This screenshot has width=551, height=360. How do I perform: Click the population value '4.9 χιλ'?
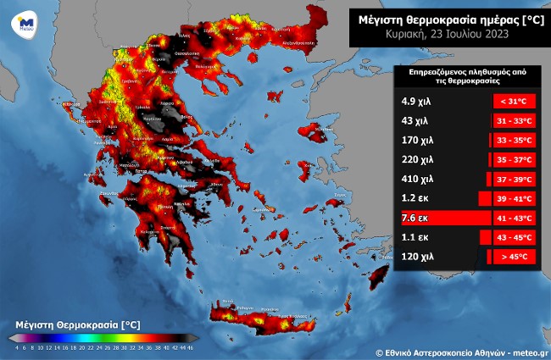click(416, 101)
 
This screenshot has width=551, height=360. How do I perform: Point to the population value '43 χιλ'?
click(415, 120)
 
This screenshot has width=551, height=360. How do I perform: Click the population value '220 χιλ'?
click(417, 159)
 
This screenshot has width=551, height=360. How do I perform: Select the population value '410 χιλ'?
click(417, 179)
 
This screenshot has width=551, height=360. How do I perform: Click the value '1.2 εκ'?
click(415, 198)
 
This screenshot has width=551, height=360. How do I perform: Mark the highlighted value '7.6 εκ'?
click(415, 218)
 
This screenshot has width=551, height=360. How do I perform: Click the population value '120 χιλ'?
click(417, 257)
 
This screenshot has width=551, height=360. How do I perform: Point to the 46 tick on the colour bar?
click(192, 346)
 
